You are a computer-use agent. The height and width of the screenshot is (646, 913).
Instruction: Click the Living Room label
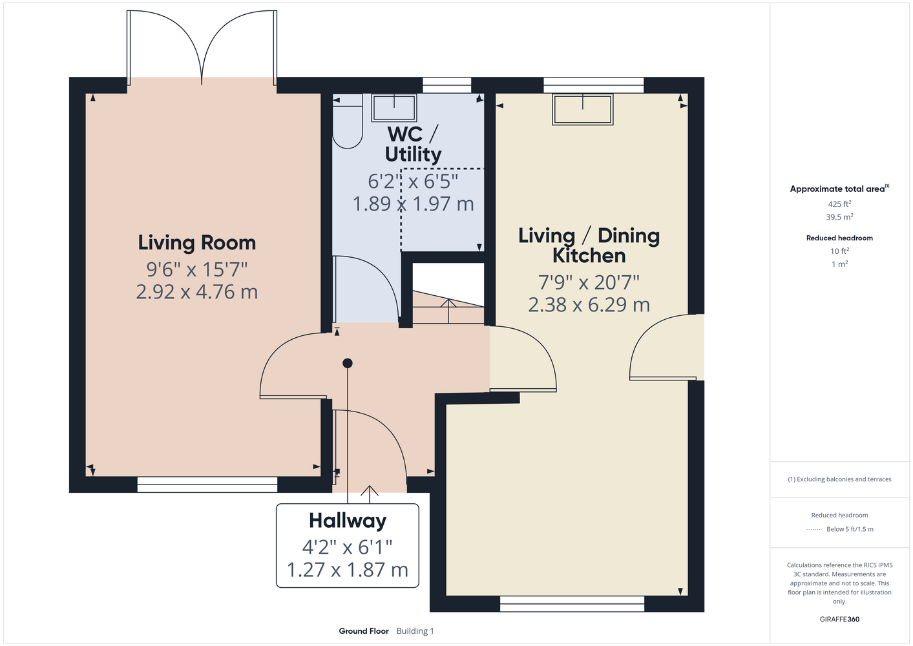197,243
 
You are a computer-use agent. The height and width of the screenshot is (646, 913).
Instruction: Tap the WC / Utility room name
413,144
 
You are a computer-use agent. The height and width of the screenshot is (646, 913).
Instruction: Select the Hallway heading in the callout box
348,521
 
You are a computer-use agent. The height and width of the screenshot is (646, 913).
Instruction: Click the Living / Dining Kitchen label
589,245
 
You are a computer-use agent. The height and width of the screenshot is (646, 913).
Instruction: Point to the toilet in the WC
347,121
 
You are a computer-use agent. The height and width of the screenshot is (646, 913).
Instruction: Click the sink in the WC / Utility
394,108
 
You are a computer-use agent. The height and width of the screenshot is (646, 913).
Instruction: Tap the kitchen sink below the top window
583,109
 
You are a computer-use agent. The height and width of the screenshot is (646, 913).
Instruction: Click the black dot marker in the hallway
348,363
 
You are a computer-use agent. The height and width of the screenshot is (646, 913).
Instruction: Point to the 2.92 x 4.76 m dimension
197,292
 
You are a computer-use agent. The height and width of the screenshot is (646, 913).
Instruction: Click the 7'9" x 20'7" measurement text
589,282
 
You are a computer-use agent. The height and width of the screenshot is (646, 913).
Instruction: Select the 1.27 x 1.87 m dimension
348,570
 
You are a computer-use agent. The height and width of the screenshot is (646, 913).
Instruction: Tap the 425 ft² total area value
839,203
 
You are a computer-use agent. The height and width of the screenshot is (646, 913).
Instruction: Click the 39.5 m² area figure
839,217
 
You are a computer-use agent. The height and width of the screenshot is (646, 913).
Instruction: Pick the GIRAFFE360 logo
839,619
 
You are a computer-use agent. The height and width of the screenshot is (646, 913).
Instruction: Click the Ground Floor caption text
364,631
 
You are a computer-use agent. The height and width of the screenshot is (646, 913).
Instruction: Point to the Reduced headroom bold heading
839,238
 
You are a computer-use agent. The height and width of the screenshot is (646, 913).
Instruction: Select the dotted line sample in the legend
813,530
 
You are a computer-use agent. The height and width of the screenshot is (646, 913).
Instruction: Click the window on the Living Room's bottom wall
207,484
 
